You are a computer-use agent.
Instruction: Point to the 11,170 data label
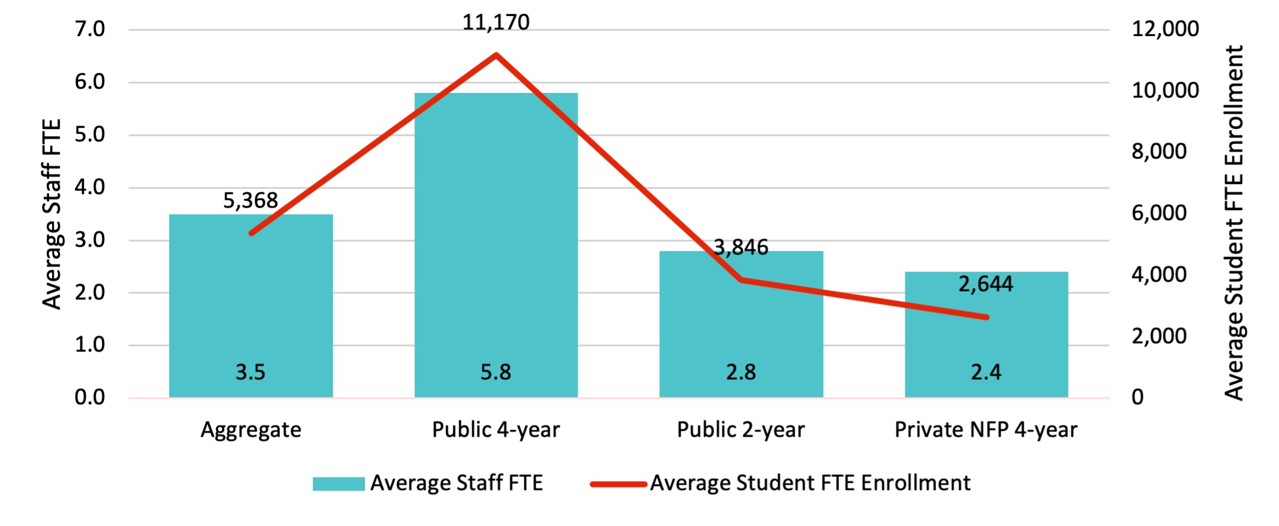click(x=496, y=22)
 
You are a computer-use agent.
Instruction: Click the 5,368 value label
click(x=250, y=201)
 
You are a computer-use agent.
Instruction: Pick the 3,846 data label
click(x=741, y=247)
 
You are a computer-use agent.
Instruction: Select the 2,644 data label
click(x=986, y=284)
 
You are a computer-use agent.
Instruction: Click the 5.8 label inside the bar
click(x=496, y=372)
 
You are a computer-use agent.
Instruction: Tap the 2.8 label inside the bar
click(x=741, y=372)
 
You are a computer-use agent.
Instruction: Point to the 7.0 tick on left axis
click(x=90, y=29)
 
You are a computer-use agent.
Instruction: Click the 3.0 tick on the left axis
click(x=90, y=240)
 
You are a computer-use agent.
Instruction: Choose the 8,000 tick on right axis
click(x=1158, y=151)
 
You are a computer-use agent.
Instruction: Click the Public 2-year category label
click(x=741, y=430)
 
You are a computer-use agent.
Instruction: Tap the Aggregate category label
click(x=251, y=430)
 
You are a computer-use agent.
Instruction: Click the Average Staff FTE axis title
click(x=52, y=214)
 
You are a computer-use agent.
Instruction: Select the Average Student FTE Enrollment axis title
click(x=1235, y=222)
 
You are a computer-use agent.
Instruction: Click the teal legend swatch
click(x=338, y=483)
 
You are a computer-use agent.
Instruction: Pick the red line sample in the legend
click(x=618, y=484)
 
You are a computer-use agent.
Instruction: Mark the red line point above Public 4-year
click(x=496, y=55)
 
